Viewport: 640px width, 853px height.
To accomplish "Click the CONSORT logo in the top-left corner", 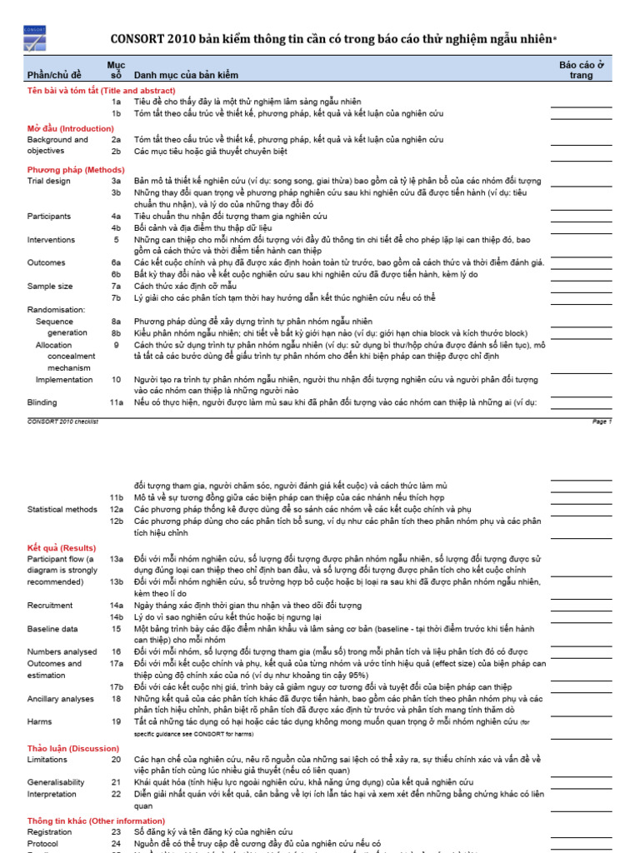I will click(x=36, y=38).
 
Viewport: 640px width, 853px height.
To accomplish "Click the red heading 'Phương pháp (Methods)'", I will click(x=76, y=169).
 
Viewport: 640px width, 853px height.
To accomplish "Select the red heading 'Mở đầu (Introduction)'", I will click(x=71, y=128).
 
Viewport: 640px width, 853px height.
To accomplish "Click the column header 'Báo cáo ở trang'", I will click(x=581, y=70).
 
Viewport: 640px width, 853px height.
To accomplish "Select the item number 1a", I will click(x=117, y=102).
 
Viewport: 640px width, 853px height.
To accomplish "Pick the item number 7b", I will click(x=117, y=297).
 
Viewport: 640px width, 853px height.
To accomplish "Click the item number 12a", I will click(x=117, y=509).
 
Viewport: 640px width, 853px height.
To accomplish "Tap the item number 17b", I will click(x=117, y=686).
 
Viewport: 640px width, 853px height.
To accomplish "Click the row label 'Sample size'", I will click(x=50, y=286).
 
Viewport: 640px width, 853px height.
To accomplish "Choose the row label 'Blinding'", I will click(x=42, y=402).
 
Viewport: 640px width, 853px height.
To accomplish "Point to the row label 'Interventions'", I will click(x=52, y=239).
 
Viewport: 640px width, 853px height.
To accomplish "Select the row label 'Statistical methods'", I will click(x=62, y=509).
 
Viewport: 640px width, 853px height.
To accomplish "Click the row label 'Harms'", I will click(x=39, y=721).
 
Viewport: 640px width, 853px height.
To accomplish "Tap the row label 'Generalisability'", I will click(x=56, y=782).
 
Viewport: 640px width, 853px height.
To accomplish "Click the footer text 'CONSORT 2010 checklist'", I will click(x=63, y=422).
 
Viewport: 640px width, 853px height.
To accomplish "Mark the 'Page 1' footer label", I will click(x=602, y=422).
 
